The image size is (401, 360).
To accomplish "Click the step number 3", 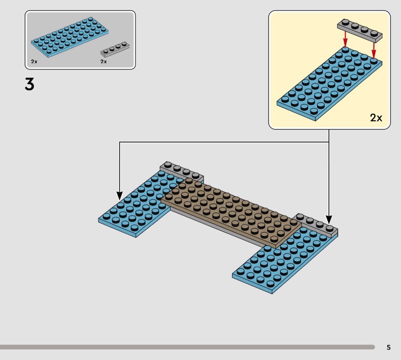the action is click(30, 84).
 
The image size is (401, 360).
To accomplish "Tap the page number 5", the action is click(388, 347).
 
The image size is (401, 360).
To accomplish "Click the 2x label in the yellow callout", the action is click(376, 118).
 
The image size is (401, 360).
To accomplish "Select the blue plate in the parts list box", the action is click(69, 37).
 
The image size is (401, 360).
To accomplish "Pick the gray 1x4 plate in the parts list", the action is click(115, 49).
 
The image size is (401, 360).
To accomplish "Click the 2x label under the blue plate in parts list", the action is click(34, 61).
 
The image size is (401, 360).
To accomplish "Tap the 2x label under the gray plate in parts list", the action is click(103, 61).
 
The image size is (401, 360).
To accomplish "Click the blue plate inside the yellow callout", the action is click(328, 85).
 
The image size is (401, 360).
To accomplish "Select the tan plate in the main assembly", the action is click(231, 211).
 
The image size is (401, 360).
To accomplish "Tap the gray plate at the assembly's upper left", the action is click(181, 170).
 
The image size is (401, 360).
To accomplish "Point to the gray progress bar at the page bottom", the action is click(185, 346).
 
